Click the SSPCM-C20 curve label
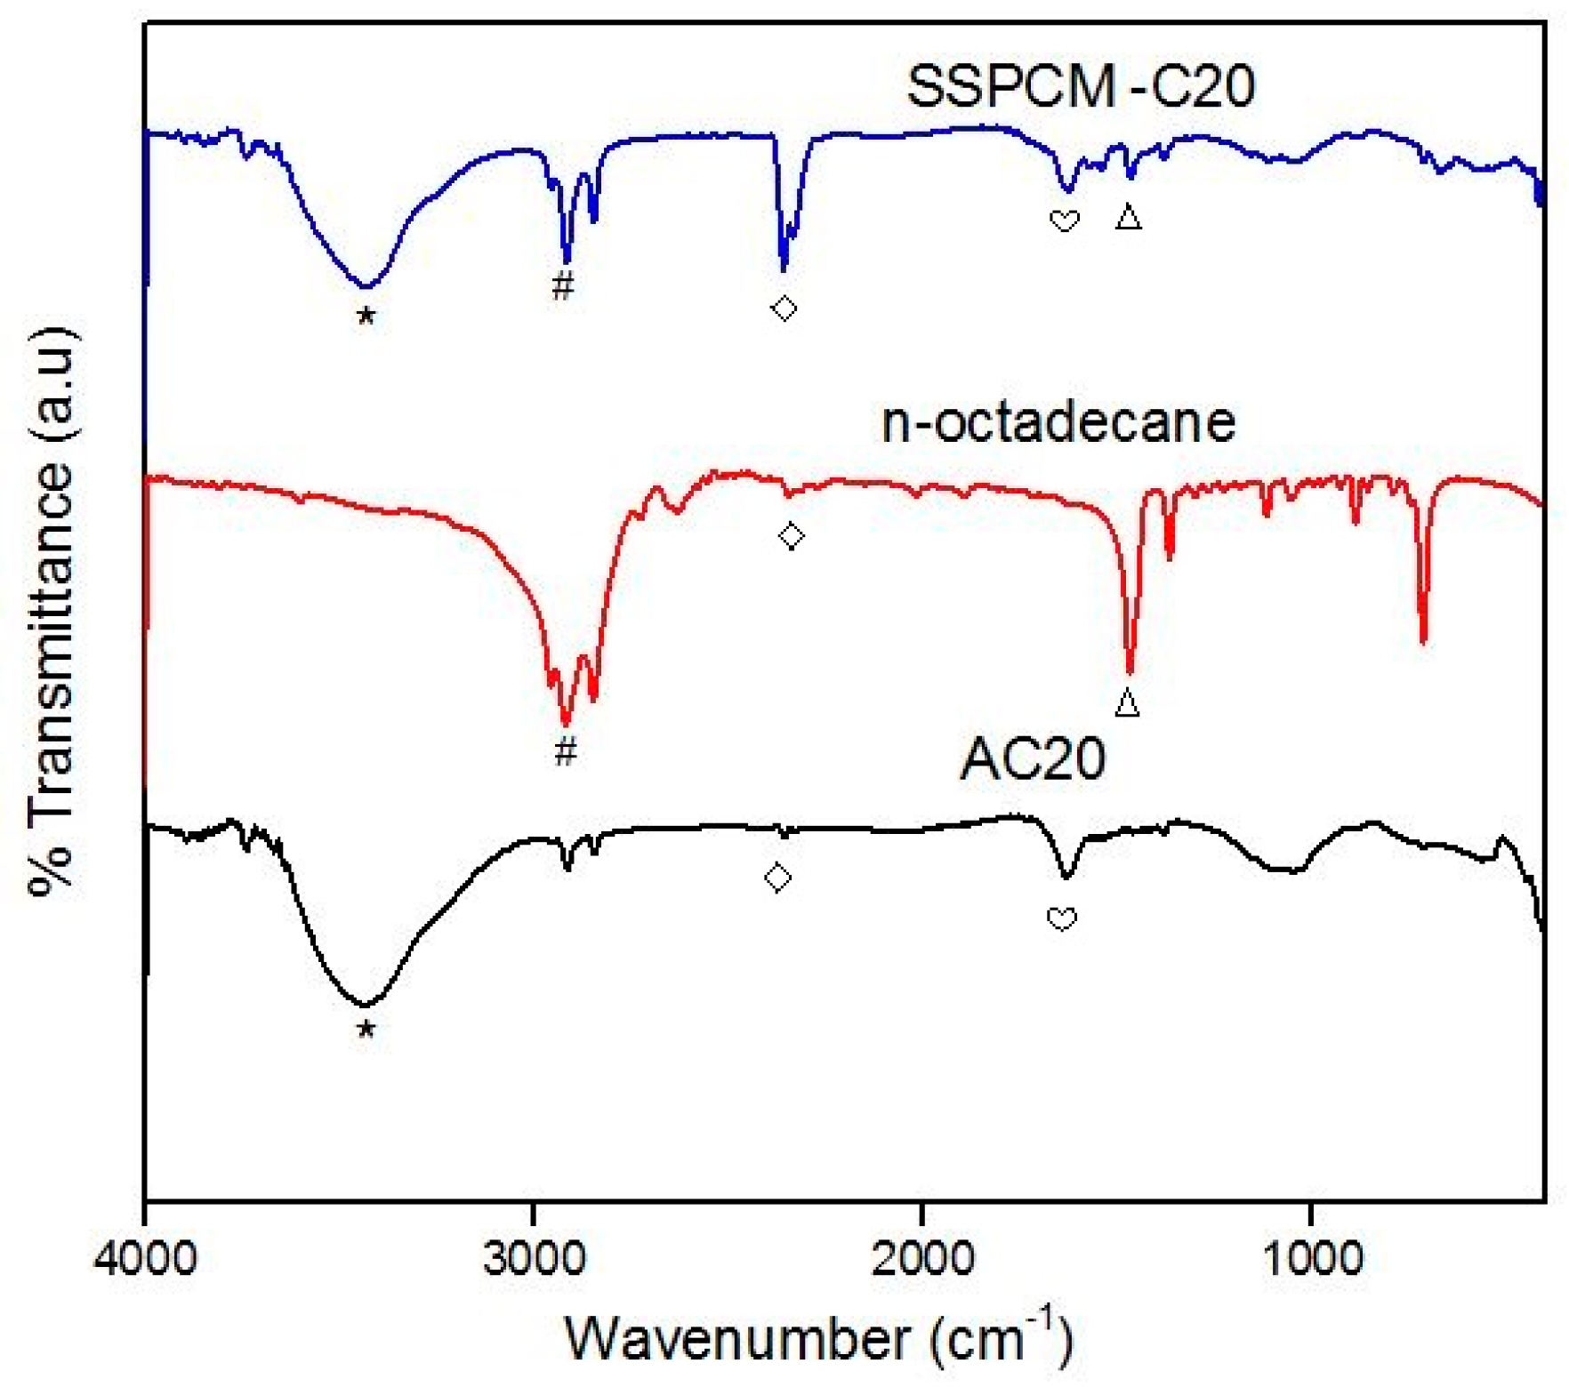click(x=1080, y=86)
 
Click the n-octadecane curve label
click(x=1058, y=421)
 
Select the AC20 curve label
click(x=1033, y=758)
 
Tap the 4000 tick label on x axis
click(x=145, y=1260)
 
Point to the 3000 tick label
click(x=533, y=1260)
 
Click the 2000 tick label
click(x=921, y=1260)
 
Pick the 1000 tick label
click(x=1310, y=1260)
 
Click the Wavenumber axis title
click(x=818, y=1338)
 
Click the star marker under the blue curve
click(x=366, y=316)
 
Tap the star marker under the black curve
click(x=366, y=1030)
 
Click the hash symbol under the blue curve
click(x=563, y=286)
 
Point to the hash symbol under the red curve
click(x=566, y=752)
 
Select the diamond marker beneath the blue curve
click(x=784, y=309)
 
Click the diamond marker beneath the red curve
click(x=792, y=536)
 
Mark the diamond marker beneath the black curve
click(x=778, y=878)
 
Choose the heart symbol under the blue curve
click(x=1065, y=220)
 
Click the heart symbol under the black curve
click(x=1062, y=918)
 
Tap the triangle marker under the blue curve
click(x=1129, y=217)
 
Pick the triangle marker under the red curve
click(x=1127, y=703)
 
